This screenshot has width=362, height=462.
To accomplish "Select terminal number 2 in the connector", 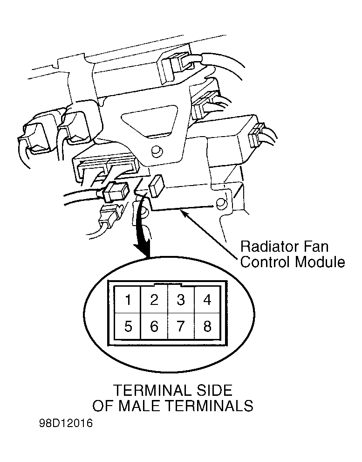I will (155, 299).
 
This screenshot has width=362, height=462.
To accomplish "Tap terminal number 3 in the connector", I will (181, 299).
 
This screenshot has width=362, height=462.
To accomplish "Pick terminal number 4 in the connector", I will (208, 299).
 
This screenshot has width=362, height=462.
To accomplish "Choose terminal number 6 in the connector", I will (155, 326).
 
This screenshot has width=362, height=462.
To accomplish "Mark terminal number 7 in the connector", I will (181, 326).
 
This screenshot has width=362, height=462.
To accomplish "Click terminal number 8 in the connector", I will (208, 326).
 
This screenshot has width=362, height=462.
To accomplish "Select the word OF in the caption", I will (102, 406).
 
